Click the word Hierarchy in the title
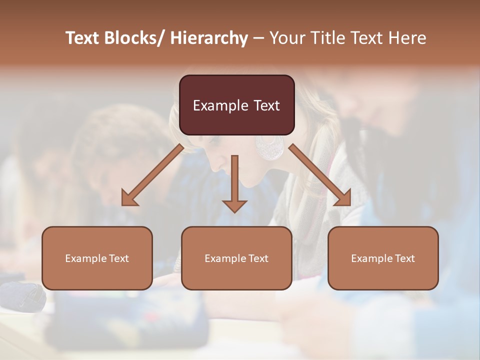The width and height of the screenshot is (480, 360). point(209,38)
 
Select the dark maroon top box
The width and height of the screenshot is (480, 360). point(236,105)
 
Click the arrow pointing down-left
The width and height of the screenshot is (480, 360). point(152,175)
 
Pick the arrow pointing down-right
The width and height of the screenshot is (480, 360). point(320,175)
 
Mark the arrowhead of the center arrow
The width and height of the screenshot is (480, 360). point(234,206)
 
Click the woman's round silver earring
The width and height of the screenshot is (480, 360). point(269,147)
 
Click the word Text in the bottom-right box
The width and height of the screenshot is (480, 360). point(404,258)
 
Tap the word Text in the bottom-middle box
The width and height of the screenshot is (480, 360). point(258,258)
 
